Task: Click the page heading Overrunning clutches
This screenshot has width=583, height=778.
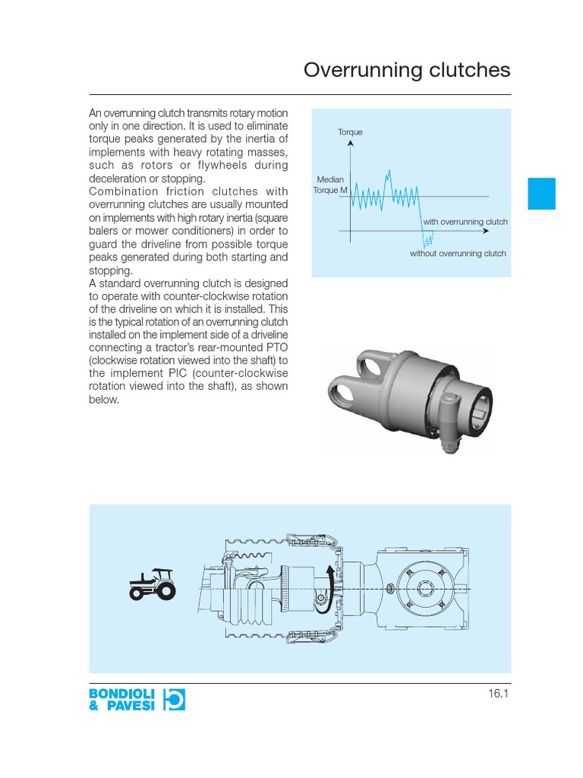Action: tap(407, 71)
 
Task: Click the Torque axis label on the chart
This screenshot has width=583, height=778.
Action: tap(350, 132)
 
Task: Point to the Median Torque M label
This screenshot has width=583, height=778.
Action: tap(330, 184)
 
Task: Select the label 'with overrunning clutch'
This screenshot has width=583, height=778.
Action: tap(465, 222)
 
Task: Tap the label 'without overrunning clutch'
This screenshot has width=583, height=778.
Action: tap(458, 254)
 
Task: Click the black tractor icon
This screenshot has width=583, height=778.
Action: tap(152, 584)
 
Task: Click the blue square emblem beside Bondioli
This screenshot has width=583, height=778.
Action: tap(173, 699)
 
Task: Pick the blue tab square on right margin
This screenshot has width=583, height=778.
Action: tap(542, 194)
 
